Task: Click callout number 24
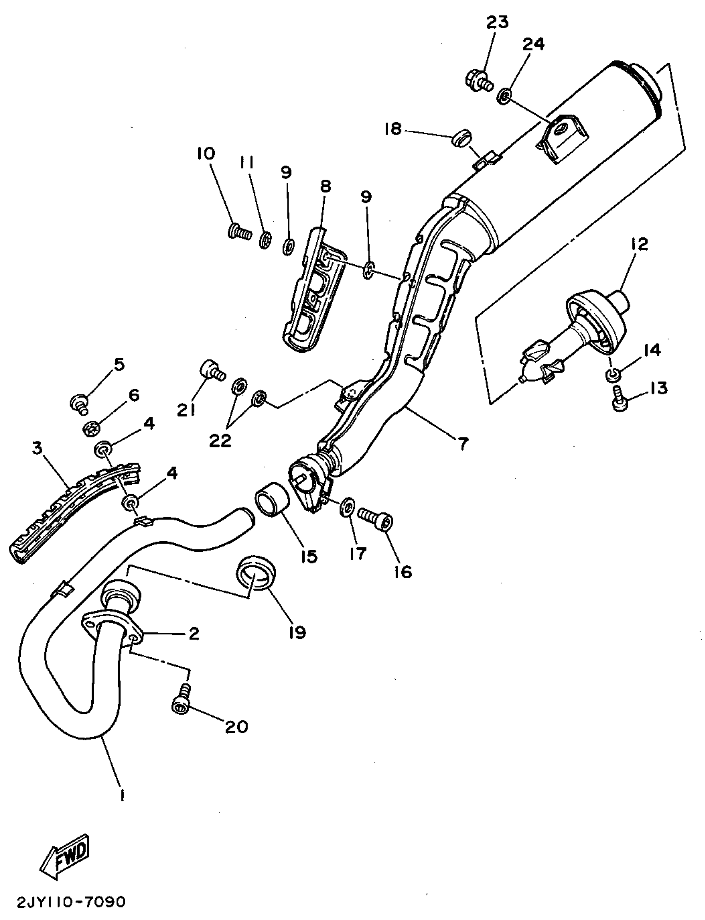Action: (x=533, y=44)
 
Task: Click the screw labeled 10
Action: (x=239, y=232)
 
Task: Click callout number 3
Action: (x=38, y=449)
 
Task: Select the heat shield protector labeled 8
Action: (x=313, y=290)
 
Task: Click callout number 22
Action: (x=221, y=440)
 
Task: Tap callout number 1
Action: (x=122, y=795)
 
